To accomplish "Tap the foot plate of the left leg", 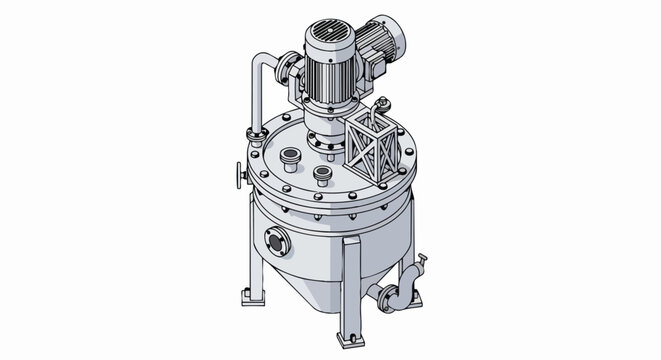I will click(x=250, y=297).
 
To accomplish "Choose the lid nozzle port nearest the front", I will click(x=322, y=175).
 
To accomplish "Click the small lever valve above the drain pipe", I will click(x=422, y=262).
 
